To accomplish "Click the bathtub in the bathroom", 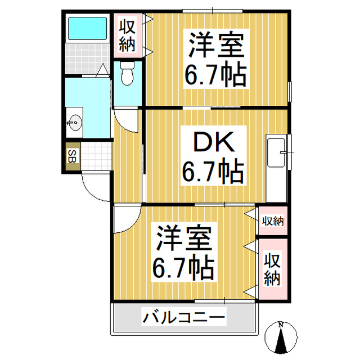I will (87, 29).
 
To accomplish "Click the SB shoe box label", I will (72, 156).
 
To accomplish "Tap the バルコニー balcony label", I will (183, 318).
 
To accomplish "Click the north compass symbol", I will (280, 337).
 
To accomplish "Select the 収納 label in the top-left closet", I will (127, 35).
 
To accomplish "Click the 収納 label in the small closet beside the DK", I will (273, 220).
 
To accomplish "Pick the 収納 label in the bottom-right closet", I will (273, 269).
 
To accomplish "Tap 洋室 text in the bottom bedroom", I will (184, 240).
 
